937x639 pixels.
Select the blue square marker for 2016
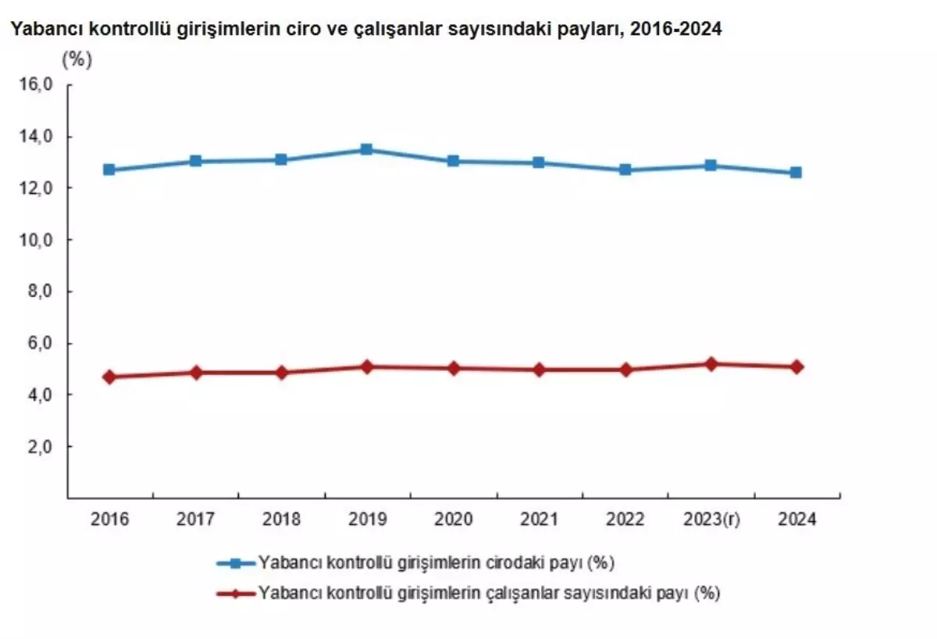(109, 170)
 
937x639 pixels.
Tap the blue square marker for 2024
(796, 172)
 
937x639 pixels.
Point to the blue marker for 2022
(625, 170)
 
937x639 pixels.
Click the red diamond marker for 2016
(109, 377)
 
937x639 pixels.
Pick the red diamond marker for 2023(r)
(711, 364)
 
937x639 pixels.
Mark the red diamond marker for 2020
(453, 368)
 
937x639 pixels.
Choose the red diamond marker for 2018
(281, 373)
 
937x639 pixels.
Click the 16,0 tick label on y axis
(36, 85)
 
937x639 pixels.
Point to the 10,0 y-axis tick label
(36, 240)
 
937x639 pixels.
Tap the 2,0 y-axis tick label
(39, 447)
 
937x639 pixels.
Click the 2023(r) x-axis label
(711, 519)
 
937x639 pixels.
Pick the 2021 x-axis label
(539, 519)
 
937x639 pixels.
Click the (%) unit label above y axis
(77, 60)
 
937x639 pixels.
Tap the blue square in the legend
(237, 562)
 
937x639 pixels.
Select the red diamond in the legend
(237, 593)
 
